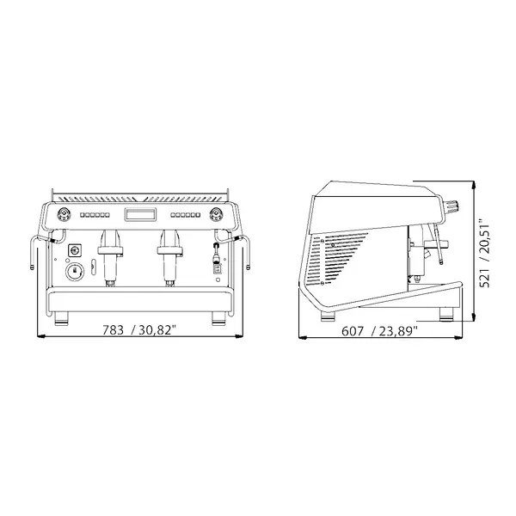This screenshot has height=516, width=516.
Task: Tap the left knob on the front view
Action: tap(64, 215)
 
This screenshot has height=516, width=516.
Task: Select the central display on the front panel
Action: tap(139, 215)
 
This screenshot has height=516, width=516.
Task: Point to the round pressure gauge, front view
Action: tap(76, 273)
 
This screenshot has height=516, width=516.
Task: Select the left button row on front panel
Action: tap(96, 216)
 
